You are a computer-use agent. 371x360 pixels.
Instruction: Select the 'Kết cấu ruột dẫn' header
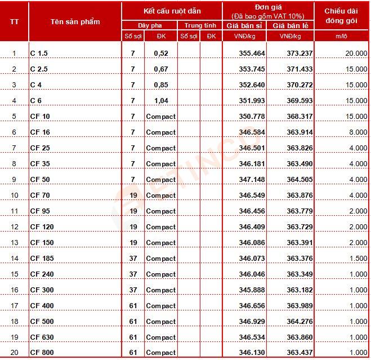[x=172, y=11]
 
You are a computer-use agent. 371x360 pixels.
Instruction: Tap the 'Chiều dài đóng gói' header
[x=342, y=16]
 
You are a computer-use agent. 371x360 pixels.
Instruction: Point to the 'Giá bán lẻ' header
[x=290, y=26]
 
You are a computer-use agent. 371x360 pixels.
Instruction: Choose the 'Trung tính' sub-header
[x=200, y=26]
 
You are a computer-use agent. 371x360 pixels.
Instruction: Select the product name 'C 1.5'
[x=39, y=54]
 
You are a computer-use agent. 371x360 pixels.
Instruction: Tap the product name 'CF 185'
[x=40, y=259]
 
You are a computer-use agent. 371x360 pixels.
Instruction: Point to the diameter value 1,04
[x=160, y=101]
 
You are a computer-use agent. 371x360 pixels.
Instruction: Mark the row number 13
[x=15, y=243]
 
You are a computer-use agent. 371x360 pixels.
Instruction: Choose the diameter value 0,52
[x=160, y=54]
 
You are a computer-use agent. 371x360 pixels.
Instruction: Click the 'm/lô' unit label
[x=342, y=37]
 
